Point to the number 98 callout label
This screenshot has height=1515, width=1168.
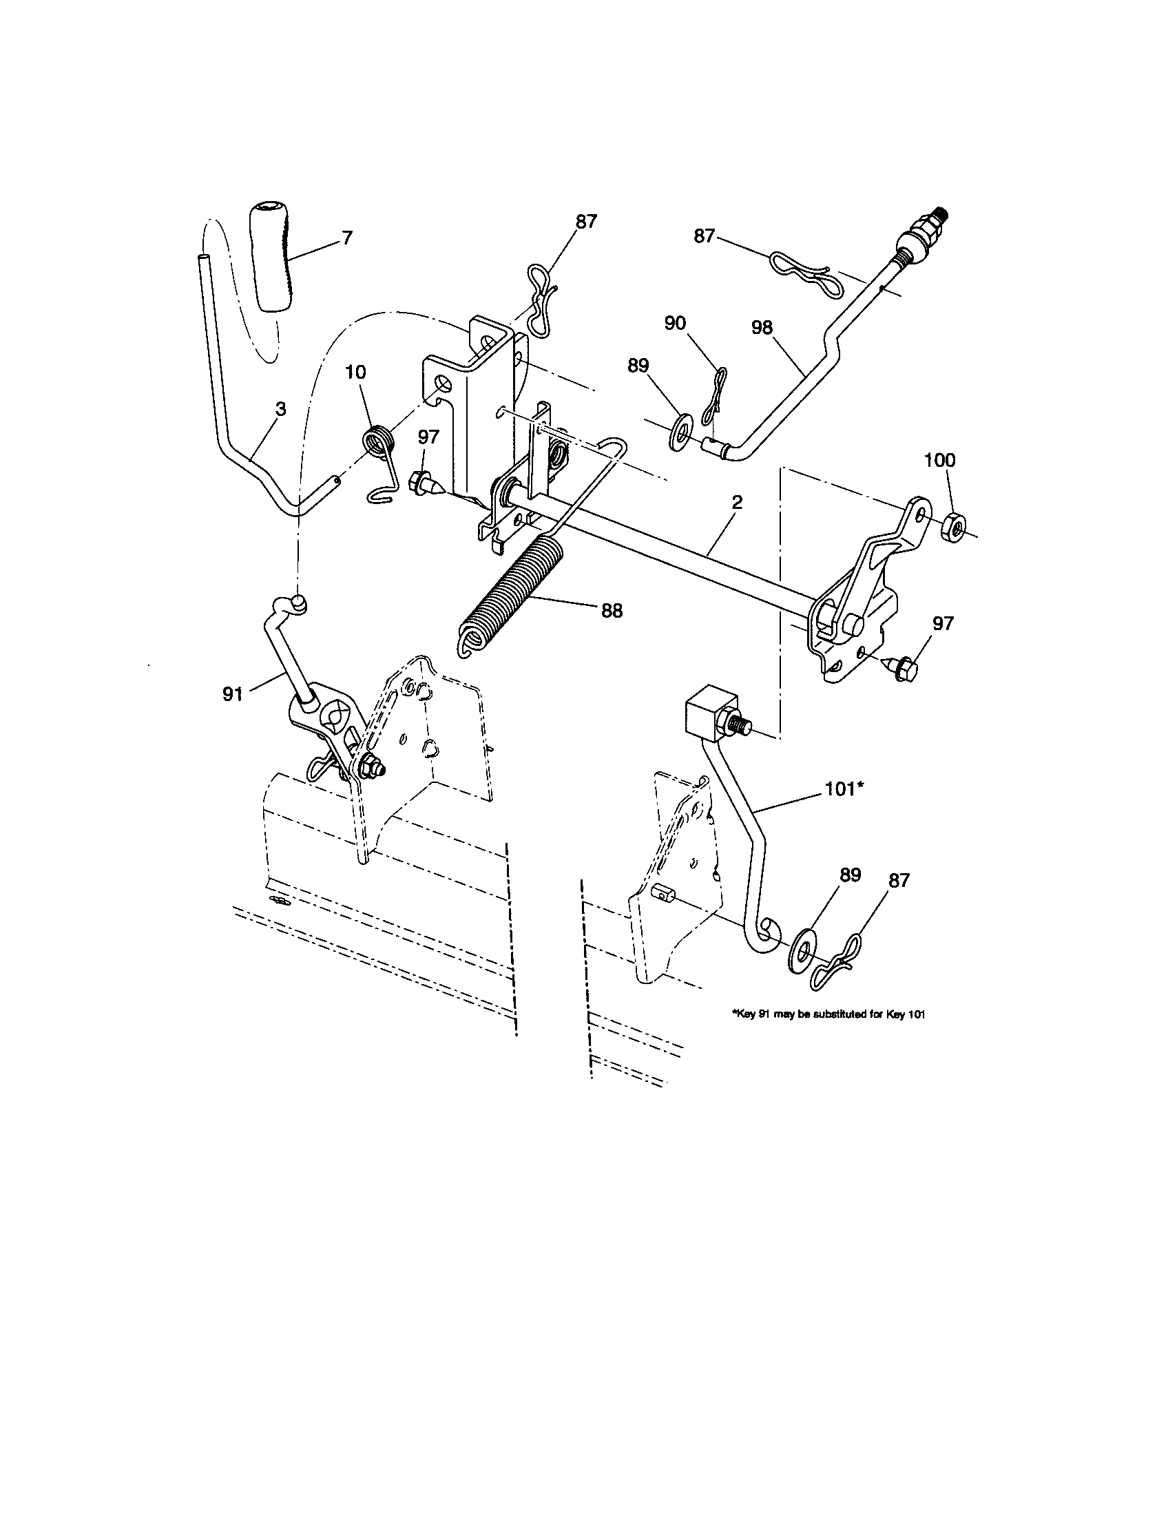pos(762,327)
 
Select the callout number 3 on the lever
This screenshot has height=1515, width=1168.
pos(280,409)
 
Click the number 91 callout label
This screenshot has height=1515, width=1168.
pos(232,693)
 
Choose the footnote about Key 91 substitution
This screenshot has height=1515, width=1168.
pos(829,1014)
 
